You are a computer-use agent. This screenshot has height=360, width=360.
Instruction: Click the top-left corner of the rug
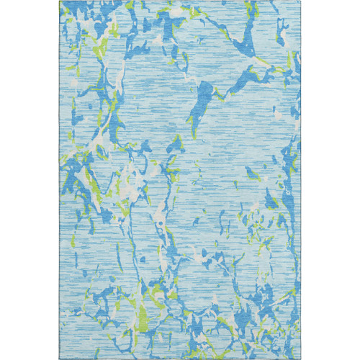tap(60, 1)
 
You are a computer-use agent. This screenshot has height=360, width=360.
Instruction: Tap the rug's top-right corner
tap(300, 1)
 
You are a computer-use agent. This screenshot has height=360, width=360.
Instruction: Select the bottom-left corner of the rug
tap(60, 359)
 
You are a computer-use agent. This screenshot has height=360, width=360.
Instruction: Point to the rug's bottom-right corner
tap(300, 359)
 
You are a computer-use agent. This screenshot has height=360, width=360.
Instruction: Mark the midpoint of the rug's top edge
tap(180, 1)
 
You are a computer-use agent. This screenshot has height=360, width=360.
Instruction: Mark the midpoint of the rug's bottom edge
tap(180, 359)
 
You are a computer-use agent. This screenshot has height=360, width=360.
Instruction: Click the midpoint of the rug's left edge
tap(60, 180)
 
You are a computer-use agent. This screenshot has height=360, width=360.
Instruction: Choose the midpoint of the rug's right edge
tap(300, 180)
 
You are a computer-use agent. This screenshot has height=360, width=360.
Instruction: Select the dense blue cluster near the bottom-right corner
tap(281, 324)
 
